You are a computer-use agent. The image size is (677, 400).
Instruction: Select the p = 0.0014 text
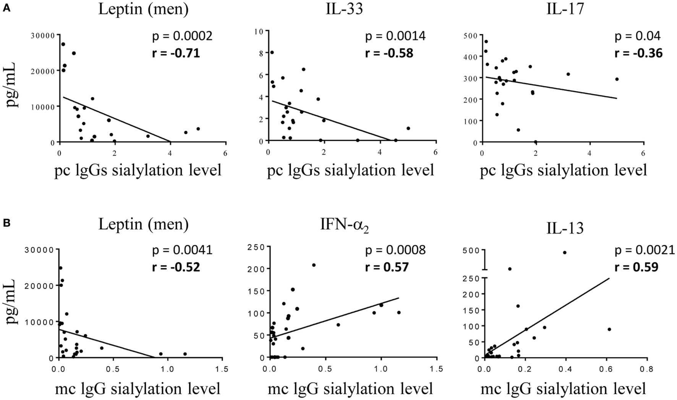click(x=395, y=36)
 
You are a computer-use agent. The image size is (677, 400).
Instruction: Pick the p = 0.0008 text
click(x=395, y=250)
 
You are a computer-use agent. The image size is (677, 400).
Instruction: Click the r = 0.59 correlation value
click(x=636, y=266)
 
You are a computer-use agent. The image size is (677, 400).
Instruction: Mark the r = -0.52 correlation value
click(x=176, y=266)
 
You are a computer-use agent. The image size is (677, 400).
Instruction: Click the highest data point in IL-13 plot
click(x=565, y=252)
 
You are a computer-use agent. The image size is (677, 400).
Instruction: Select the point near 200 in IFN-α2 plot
click(x=314, y=265)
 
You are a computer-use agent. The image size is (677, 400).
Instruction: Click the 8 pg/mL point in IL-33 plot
click(x=272, y=52)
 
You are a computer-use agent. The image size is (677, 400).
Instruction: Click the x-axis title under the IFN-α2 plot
click(x=350, y=389)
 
